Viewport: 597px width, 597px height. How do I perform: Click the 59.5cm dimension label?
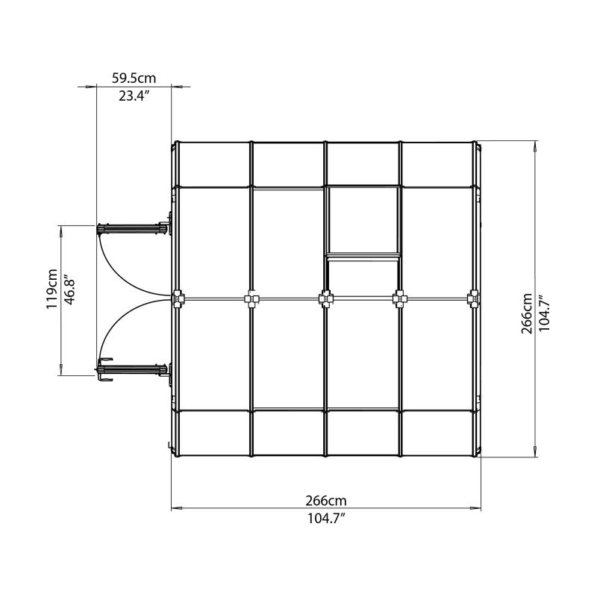pyautogui.click(x=134, y=77)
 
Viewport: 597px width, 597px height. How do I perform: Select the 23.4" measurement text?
pyautogui.click(x=134, y=96)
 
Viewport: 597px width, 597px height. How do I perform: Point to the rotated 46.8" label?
pyautogui.click(x=69, y=289)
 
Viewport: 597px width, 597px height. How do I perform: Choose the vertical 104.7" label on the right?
pyautogui.click(x=545, y=313)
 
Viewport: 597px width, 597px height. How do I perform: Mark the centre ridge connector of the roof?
pyautogui.click(x=325, y=300)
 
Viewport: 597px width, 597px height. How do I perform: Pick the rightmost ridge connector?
pyautogui.click(x=473, y=300)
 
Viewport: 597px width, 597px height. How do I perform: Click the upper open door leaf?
pyautogui.click(x=132, y=227)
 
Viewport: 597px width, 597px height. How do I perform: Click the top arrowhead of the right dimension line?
pyautogui.click(x=535, y=146)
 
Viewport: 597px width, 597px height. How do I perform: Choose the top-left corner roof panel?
pyautogui.click(x=212, y=164)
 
